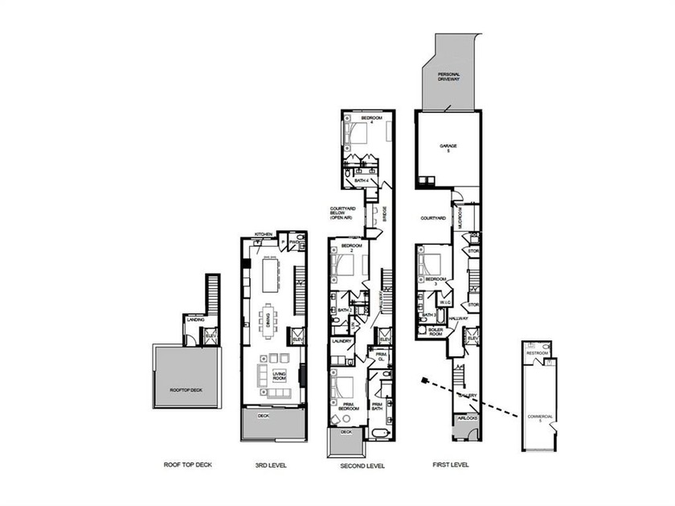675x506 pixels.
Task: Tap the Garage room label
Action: click(x=447, y=149)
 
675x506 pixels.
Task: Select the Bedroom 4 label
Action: click(x=371, y=121)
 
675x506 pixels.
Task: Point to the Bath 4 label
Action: click(x=362, y=181)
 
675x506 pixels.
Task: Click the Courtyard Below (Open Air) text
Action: click(x=342, y=212)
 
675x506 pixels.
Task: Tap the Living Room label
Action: click(x=280, y=376)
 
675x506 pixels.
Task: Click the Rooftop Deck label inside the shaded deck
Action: click(x=186, y=389)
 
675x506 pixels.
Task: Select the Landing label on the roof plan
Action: click(x=194, y=319)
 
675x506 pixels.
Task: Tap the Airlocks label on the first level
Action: click(x=468, y=418)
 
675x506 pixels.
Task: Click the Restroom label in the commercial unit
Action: click(x=537, y=353)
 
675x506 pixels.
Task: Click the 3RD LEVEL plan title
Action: click(x=271, y=465)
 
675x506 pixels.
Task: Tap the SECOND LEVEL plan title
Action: click(x=362, y=465)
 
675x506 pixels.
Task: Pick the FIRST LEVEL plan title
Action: click(x=448, y=465)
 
